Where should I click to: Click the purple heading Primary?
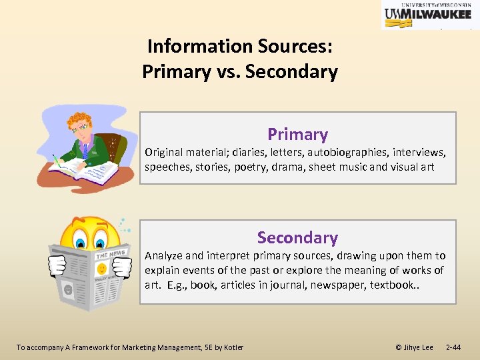pyautogui.click(x=297, y=135)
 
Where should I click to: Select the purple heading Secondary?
pyautogui.click(x=297, y=237)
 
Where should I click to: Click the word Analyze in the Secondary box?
pyautogui.click(x=163, y=256)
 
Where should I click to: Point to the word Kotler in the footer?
pyautogui.click(x=233, y=347)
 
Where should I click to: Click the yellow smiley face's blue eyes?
pyautogui.click(x=92, y=239)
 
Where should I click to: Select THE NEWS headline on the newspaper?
pyautogui.click(x=110, y=254)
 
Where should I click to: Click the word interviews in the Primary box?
pyautogui.click(x=422, y=152)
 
